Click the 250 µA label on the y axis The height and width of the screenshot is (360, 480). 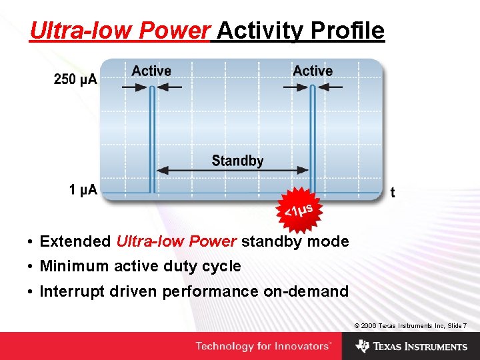pyautogui.click(x=75, y=79)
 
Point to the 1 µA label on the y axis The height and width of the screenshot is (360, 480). pyautogui.click(x=83, y=190)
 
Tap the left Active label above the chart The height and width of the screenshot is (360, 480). pyautogui.click(x=151, y=71)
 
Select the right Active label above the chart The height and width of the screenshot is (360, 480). pyautogui.click(x=313, y=71)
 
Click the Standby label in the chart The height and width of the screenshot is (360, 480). pyautogui.click(x=237, y=161)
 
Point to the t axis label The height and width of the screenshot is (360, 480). pyautogui.click(x=392, y=193)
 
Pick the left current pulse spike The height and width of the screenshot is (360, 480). pyautogui.click(x=152, y=140)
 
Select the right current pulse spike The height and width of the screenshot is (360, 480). pyautogui.click(x=313, y=140)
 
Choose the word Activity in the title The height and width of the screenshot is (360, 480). pyautogui.click(x=259, y=31)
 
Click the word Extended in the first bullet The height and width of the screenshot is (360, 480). pyautogui.click(x=75, y=241)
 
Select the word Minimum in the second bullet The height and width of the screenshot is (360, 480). pyautogui.click(x=74, y=267)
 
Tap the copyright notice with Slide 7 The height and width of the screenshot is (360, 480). pyautogui.click(x=410, y=325)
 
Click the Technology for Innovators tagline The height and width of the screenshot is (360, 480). pyautogui.click(x=263, y=346)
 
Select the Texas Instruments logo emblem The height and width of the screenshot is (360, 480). pyautogui.click(x=363, y=346)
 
